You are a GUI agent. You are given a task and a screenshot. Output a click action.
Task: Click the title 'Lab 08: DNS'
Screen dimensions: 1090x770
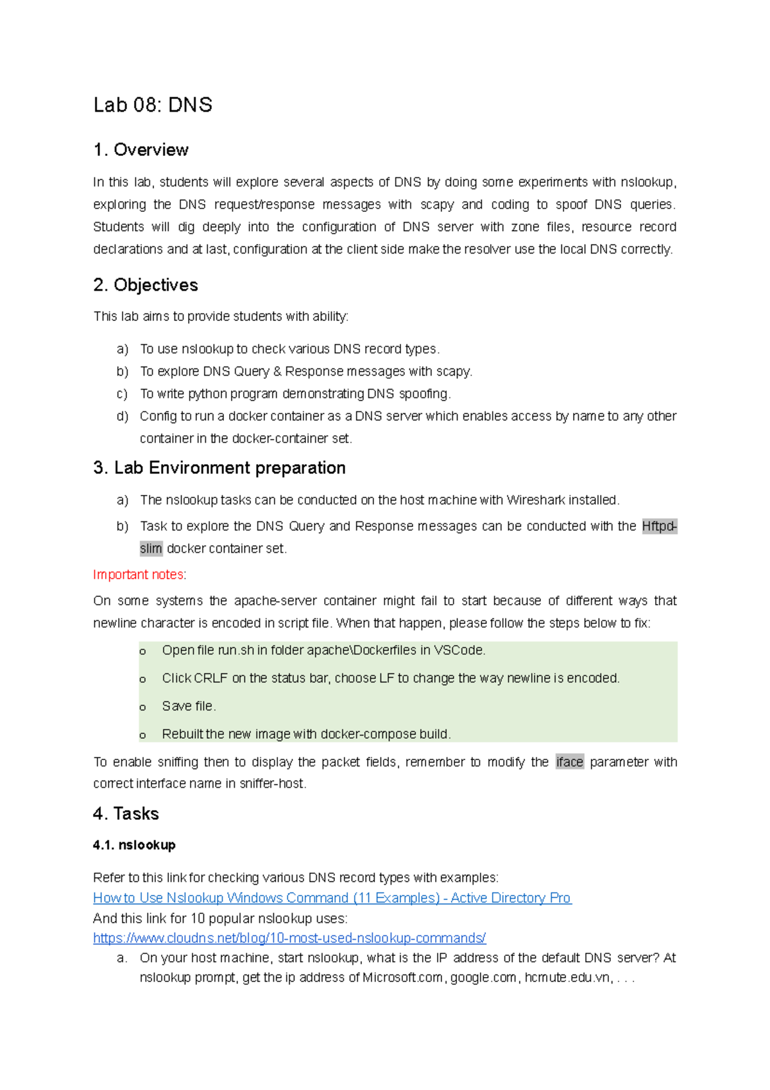pos(153,105)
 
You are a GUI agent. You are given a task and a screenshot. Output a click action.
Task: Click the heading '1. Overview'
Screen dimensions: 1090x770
pos(141,150)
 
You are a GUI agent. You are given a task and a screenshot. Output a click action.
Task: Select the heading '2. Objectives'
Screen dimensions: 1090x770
pos(146,285)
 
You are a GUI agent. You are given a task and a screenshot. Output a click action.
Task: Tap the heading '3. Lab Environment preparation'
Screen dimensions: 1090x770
pos(219,468)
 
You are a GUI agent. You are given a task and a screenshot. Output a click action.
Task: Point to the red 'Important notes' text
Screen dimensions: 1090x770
pos(138,575)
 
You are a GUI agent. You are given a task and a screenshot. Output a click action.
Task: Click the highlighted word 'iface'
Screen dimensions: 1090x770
pos(569,762)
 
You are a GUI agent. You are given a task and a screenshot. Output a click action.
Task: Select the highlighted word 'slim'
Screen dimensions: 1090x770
pos(151,548)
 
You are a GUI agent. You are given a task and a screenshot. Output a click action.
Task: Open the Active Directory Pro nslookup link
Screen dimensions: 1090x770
pos(332,898)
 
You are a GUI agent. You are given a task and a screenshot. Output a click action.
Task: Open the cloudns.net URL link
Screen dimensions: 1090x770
pos(289,938)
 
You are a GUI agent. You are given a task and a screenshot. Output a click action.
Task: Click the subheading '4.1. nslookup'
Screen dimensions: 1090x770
pos(134,845)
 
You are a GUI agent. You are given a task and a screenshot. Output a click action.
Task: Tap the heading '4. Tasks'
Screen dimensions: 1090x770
pos(126,814)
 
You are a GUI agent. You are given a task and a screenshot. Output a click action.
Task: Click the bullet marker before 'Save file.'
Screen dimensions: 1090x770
pos(142,707)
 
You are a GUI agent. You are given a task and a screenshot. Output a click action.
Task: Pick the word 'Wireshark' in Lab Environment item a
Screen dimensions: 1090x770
pos(532,500)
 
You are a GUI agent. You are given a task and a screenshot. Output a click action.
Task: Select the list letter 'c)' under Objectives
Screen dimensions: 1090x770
pos(122,394)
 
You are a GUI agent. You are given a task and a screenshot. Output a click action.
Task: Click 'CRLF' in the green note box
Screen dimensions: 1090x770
pos(210,679)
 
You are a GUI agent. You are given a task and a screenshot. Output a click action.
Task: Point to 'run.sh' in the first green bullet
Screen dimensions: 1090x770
pos(235,650)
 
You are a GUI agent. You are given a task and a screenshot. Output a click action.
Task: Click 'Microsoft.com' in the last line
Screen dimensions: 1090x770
pos(402,978)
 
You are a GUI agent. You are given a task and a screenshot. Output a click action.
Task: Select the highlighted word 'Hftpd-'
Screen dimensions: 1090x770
pos(659,526)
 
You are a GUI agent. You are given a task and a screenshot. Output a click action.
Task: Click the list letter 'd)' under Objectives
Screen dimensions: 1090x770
pos(122,416)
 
